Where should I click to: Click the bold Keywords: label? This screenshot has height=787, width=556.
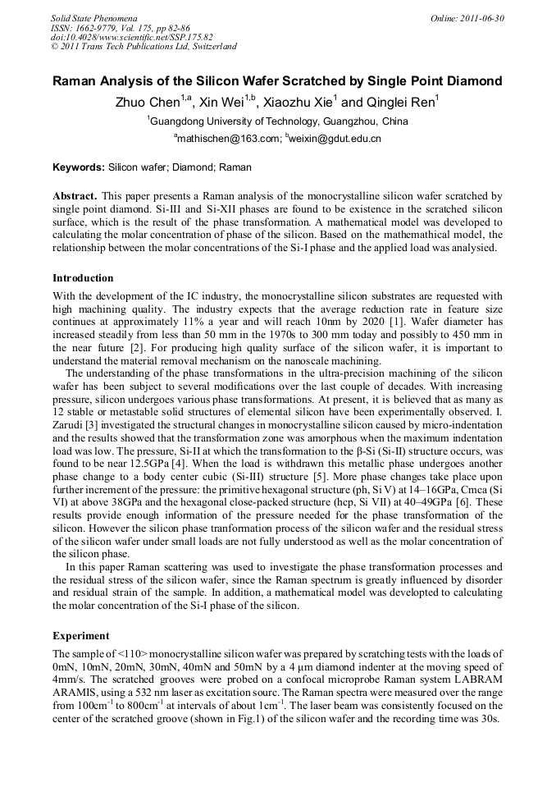pyautogui.click(x=79, y=167)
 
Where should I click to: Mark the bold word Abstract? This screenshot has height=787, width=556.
pyautogui.click(x=75, y=197)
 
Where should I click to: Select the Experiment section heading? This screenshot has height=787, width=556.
pyautogui.click(x=81, y=635)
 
